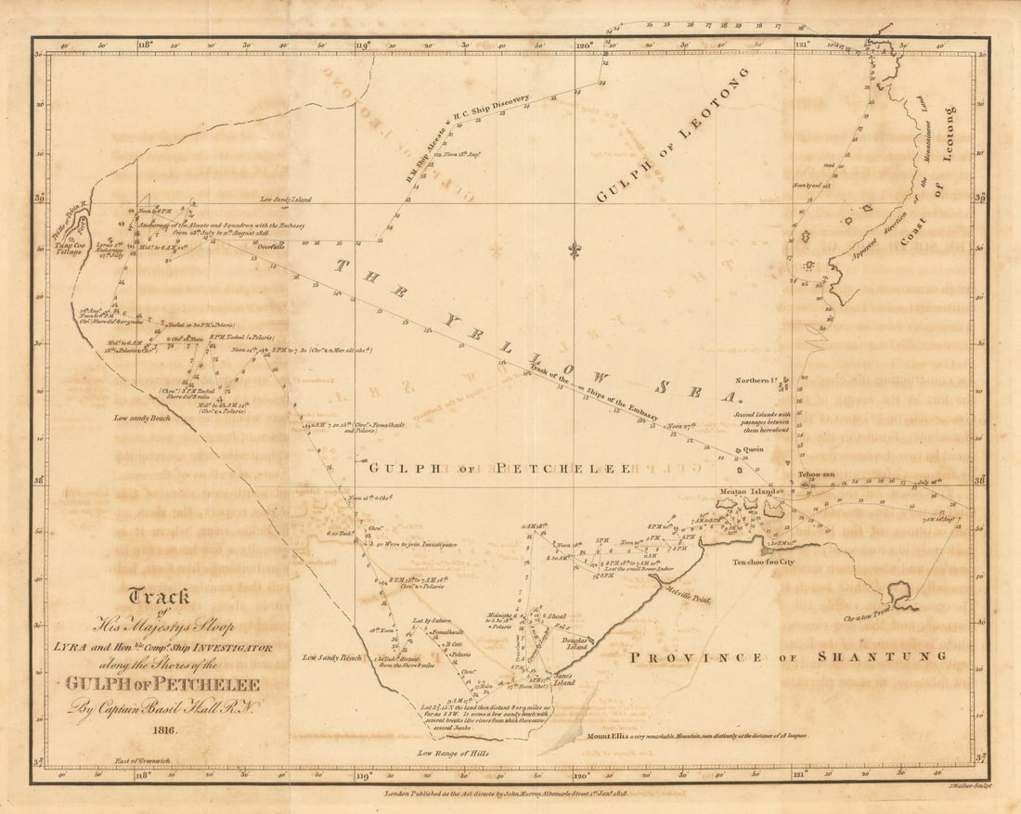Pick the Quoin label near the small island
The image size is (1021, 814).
753,449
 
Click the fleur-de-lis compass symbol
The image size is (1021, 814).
575,251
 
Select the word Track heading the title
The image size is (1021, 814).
159,597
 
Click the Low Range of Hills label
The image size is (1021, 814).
453,753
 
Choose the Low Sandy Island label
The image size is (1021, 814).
286,200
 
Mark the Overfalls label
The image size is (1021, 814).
271,248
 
